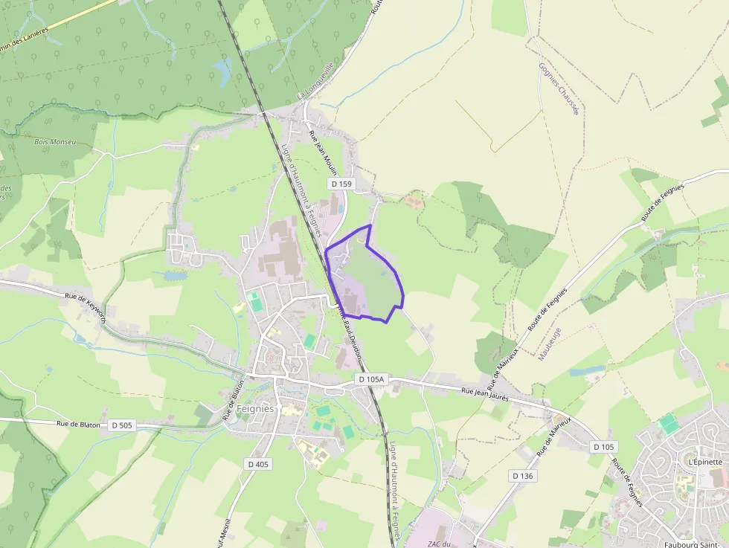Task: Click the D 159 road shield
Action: tap(341, 184)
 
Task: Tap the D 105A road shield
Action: tap(370, 379)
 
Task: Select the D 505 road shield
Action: tap(121, 425)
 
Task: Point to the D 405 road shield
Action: tap(257, 464)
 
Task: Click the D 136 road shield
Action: tap(523, 475)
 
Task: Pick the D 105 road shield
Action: tap(604, 447)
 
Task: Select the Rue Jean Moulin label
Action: tap(322, 152)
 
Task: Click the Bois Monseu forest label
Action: tap(55, 141)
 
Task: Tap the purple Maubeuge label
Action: tap(549, 344)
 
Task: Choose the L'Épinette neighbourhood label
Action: tap(705, 461)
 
